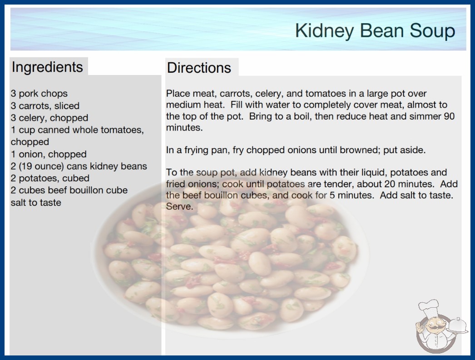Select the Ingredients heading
47,67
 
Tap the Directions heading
199,68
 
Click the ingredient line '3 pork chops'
39,94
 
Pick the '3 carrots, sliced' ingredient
45,105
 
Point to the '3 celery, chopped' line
49,118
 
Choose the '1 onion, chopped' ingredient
49,154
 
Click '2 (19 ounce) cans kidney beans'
79,166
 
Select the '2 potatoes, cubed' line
50,178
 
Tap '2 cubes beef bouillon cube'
69,190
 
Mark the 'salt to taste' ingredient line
36,202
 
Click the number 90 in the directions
449,116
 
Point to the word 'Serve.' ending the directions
179,206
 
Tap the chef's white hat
429,307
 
